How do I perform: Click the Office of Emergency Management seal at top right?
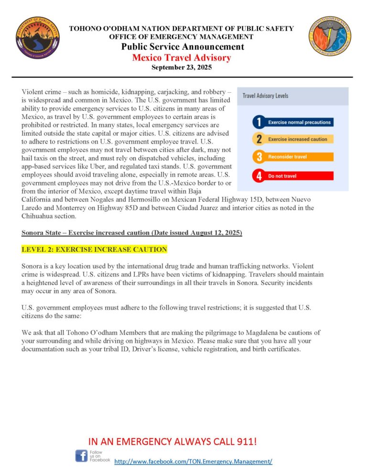click(329, 36)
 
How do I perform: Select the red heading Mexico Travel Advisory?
click(182, 58)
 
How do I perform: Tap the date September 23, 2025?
click(182, 68)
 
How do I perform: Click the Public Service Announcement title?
click(182, 47)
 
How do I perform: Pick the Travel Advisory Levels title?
click(266, 96)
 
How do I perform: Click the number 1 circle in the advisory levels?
click(259, 122)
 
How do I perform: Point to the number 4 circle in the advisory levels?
click(259, 176)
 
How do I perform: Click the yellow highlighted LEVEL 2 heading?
click(94, 249)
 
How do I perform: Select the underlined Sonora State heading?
click(131, 233)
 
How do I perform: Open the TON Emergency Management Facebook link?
click(194, 462)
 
